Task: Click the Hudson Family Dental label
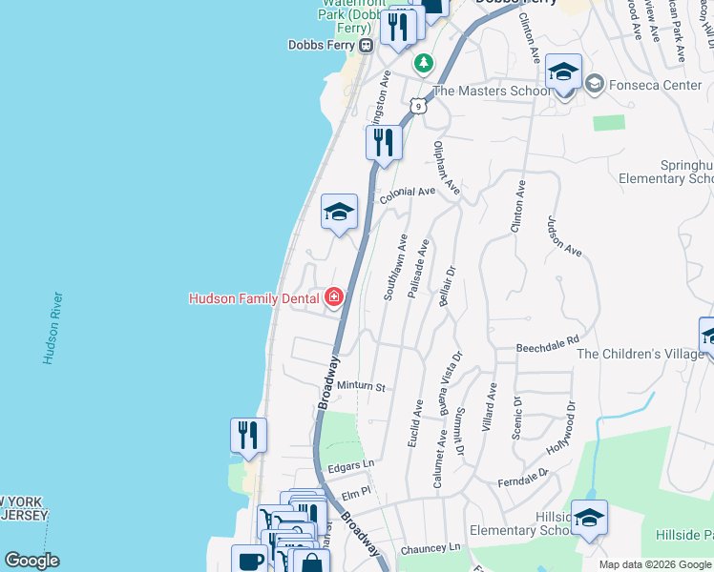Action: (254, 298)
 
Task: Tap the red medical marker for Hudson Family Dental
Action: (334, 297)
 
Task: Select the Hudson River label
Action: (53, 328)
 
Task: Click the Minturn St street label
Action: (361, 387)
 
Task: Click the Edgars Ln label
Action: (349, 464)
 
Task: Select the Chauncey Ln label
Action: (430, 547)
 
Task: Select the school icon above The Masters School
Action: (564, 72)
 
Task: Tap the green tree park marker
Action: (423, 63)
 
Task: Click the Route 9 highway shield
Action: (417, 107)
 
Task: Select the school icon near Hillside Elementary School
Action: (589, 517)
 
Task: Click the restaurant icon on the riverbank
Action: (248, 436)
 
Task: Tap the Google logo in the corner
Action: (31, 560)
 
